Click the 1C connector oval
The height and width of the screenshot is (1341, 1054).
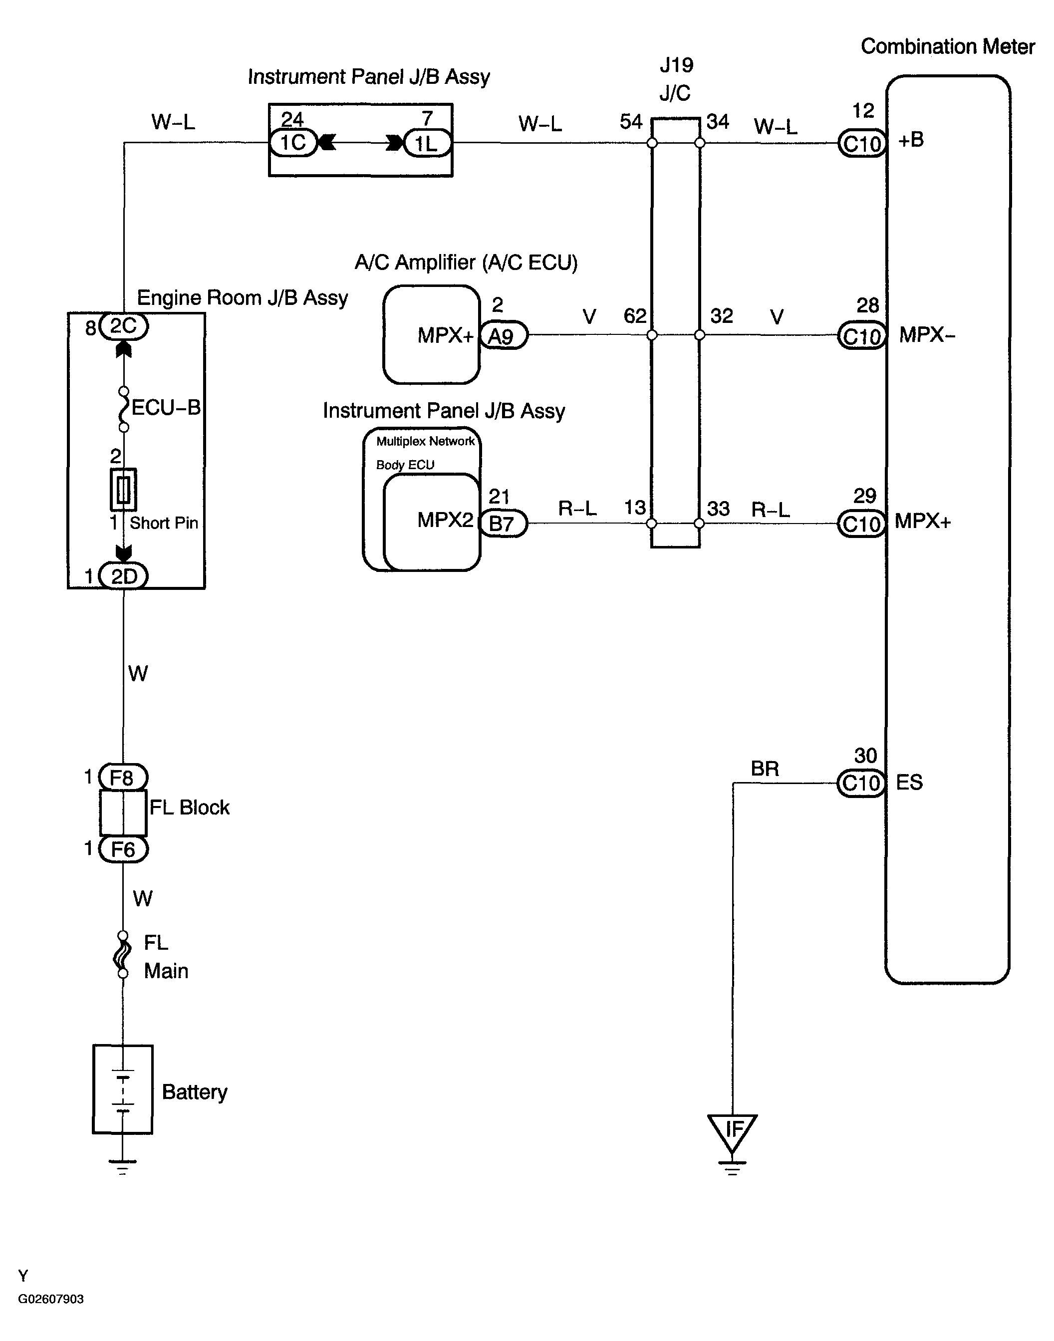tap(293, 143)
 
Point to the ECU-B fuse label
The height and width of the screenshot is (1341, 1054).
tap(165, 407)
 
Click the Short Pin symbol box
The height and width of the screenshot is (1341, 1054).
tap(123, 490)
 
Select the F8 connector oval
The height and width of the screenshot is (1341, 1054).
tap(122, 777)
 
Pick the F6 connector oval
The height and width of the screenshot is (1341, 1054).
tap(123, 849)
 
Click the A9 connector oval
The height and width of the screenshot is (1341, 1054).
tap(503, 336)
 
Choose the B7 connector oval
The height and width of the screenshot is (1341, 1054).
tap(503, 524)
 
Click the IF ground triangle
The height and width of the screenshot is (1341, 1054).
tap(733, 1130)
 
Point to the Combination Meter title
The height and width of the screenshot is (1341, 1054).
tap(947, 46)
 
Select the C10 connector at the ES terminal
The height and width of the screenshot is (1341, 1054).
tap(861, 783)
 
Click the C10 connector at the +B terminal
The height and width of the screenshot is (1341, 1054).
tap(862, 144)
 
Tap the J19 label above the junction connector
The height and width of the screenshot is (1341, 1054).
tap(676, 65)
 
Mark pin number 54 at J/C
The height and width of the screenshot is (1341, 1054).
tap(631, 122)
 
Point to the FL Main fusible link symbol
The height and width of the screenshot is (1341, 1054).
tap(123, 955)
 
